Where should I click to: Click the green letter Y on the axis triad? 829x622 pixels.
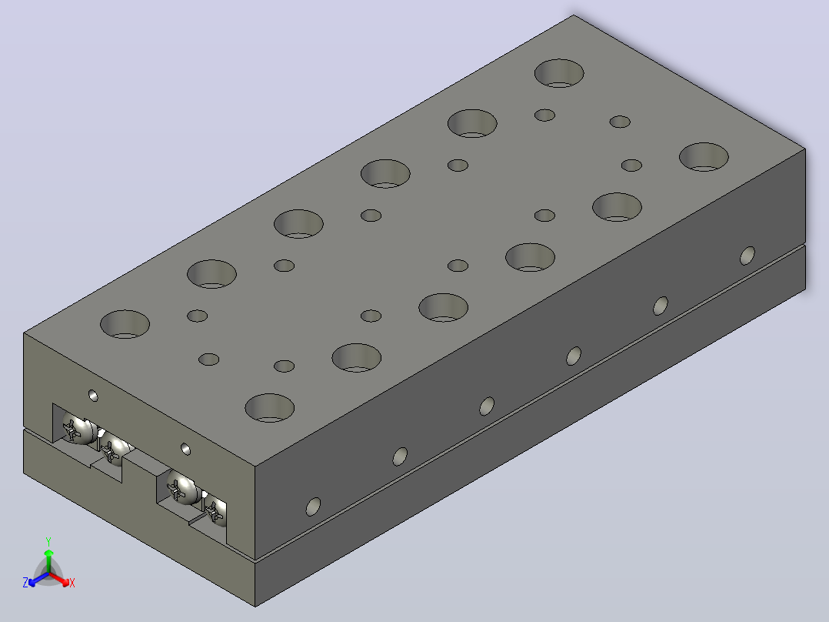tap(48, 541)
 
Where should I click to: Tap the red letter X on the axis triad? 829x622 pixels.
tap(72, 583)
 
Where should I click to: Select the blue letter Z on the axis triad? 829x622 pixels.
tap(25, 583)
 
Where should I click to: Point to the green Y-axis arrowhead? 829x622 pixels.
tap(48, 553)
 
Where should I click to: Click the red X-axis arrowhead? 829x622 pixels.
tap(65, 582)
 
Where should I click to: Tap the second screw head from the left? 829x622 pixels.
tap(116, 448)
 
